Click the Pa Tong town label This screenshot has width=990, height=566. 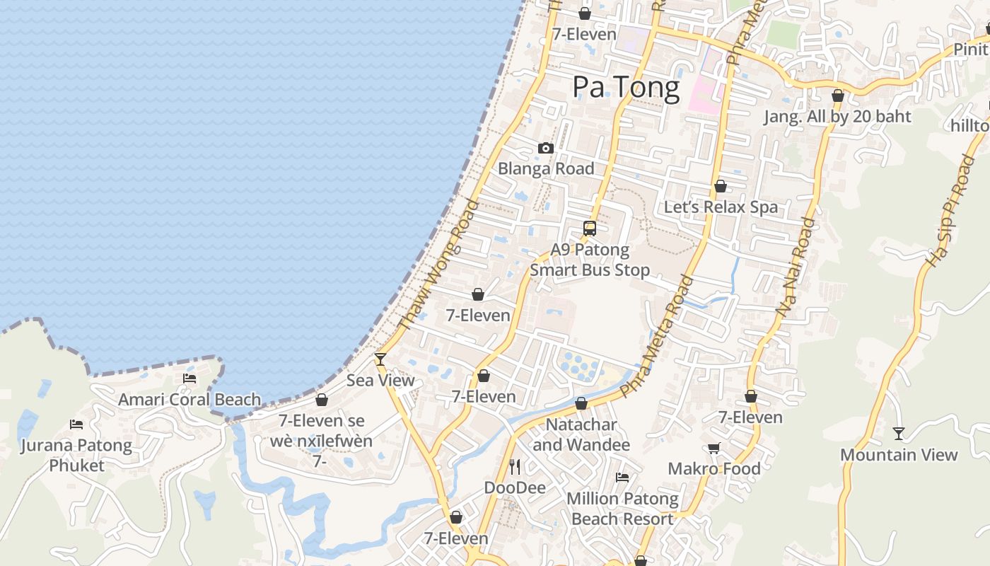pos(626,86)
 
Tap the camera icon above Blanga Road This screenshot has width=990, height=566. pos(545,148)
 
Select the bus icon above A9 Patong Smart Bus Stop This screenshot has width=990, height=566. pos(590,228)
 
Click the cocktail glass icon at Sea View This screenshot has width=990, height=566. pos(380,359)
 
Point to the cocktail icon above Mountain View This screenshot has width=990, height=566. pos(898,434)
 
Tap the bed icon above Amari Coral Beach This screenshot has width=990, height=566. pos(190,379)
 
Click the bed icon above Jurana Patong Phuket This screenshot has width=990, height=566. pos(76,424)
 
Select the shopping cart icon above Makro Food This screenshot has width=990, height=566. pos(714,448)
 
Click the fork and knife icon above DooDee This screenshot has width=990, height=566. pos(515,467)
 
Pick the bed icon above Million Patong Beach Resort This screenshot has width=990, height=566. pos(622,478)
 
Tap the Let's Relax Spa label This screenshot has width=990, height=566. pos(721,207)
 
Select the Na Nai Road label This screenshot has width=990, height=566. pos(795,267)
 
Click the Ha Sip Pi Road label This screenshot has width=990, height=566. pos(949,211)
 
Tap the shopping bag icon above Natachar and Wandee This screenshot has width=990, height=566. pos(581,403)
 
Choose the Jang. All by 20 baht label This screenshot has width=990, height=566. pos(837,116)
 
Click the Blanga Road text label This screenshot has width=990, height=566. pos(546,168)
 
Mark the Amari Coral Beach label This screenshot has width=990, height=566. pos(190,399)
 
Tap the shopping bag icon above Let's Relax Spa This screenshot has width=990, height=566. pos(721,186)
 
